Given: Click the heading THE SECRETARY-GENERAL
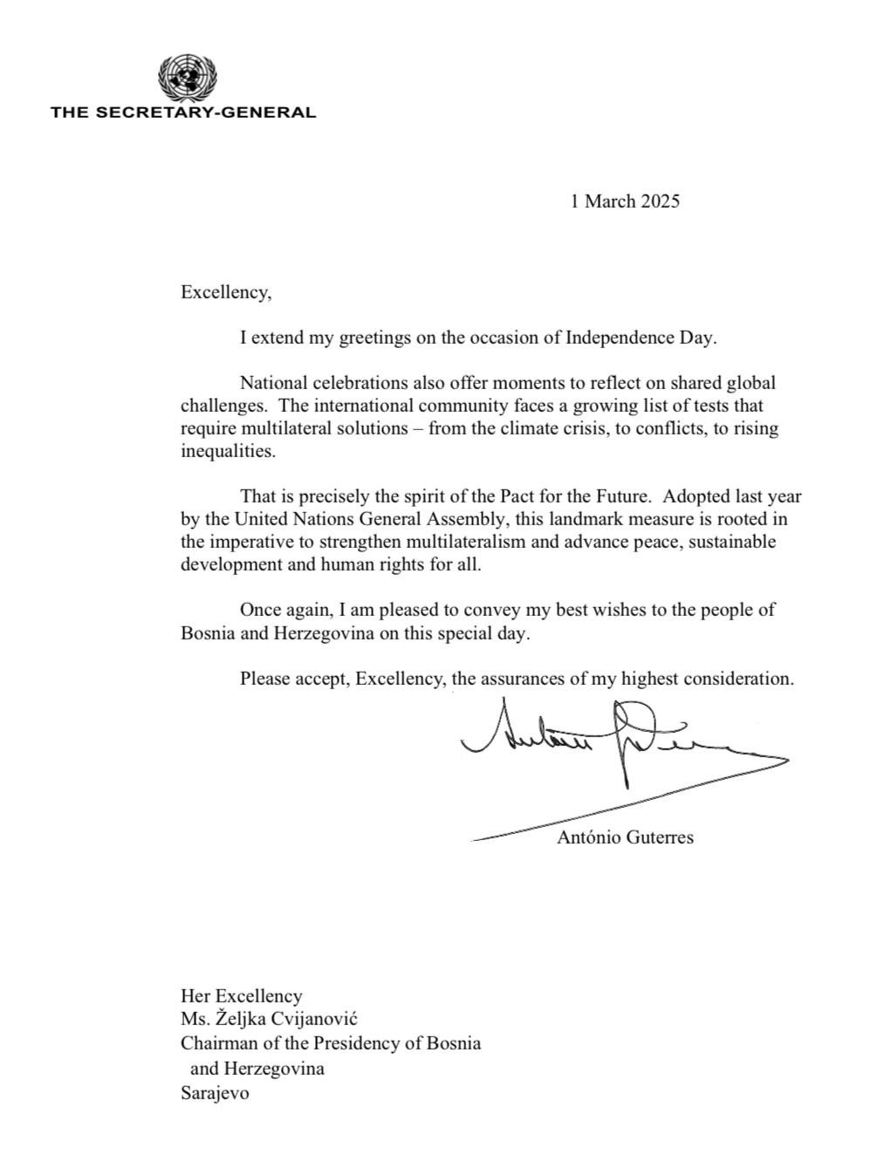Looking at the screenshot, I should [183, 113].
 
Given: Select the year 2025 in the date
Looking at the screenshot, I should [660, 202].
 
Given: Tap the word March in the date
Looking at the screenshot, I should [610, 202].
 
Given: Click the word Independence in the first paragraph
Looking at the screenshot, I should [620, 338].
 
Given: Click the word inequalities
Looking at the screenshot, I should [228, 451].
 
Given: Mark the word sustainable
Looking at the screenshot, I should [727, 542].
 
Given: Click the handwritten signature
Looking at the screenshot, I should [611, 742].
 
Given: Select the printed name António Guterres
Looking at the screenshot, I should [625, 837].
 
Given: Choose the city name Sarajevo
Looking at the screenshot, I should [215, 1092].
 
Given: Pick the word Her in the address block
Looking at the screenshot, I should [195, 995].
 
